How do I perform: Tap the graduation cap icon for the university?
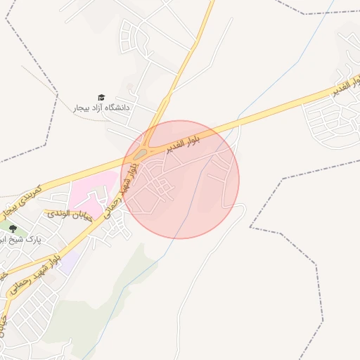(101, 98)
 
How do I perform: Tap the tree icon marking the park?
(13, 229)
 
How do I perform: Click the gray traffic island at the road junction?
(141, 153)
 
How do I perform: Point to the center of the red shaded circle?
(180, 179)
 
